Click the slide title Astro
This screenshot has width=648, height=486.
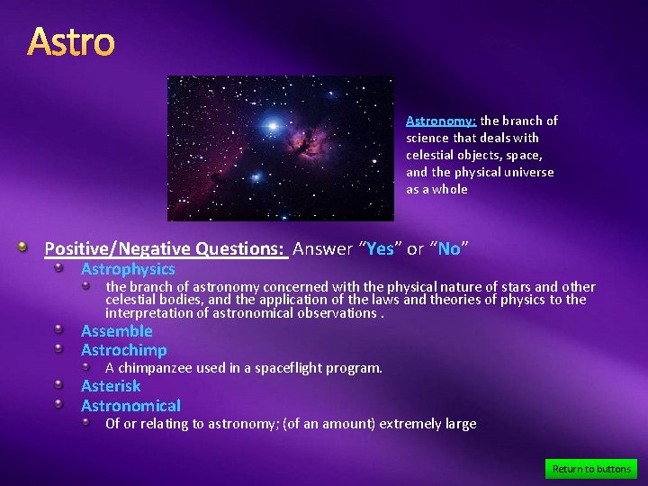pyautogui.click(x=71, y=42)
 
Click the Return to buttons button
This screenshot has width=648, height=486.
pyautogui.click(x=590, y=469)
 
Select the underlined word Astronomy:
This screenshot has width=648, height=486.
pyautogui.click(x=441, y=121)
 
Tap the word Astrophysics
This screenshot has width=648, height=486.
pyautogui.click(x=128, y=269)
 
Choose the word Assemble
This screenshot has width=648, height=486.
pyautogui.click(x=117, y=331)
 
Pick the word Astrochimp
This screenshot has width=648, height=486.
pyautogui.click(x=123, y=350)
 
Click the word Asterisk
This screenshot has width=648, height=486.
pyautogui.click(x=111, y=386)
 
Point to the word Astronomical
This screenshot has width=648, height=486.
pyautogui.click(x=130, y=406)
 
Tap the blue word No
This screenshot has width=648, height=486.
pyautogui.click(x=449, y=249)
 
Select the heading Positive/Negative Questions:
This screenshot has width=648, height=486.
pyautogui.click(x=165, y=249)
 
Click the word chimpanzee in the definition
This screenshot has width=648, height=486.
pyautogui.click(x=154, y=368)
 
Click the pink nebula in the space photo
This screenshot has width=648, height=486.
pyautogui.click(x=310, y=140)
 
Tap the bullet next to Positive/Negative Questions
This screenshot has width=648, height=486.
pyautogui.click(x=31, y=247)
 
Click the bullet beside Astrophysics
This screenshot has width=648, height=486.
pyautogui.click(x=58, y=268)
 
